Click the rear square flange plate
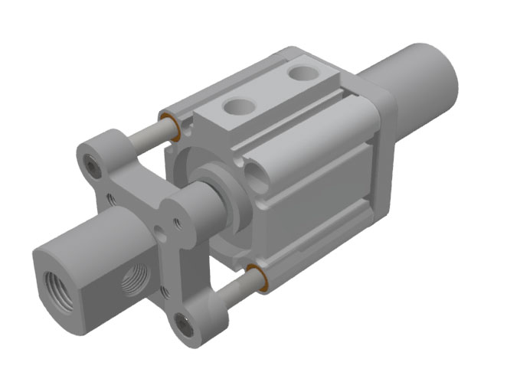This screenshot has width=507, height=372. (387, 153)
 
